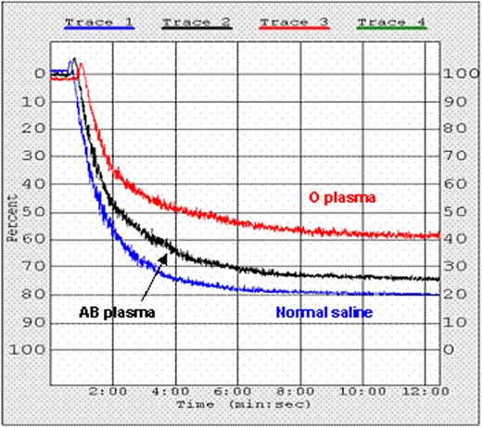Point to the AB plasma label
click(x=111, y=312)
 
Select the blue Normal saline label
click(x=323, y=313)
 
